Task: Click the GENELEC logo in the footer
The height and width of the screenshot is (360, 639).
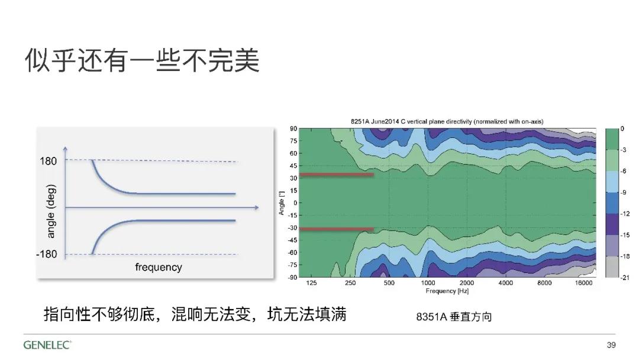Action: (47, 345)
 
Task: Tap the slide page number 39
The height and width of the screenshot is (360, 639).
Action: (611, 345)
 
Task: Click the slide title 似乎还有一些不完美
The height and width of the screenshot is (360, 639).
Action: (142, 61)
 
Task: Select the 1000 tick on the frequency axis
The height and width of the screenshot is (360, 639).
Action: (428, 283)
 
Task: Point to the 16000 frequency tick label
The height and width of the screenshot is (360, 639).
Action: (583, 283)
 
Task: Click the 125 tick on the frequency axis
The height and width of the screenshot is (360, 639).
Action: (311, 283)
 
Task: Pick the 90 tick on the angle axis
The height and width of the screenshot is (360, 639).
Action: (293, 129)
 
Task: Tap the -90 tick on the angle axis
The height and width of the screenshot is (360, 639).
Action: (292, 277)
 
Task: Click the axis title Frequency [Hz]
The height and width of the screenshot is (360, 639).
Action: (447, 291)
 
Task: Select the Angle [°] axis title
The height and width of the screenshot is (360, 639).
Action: (282, 202)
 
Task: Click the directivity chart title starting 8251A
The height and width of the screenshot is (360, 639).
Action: (447, 121)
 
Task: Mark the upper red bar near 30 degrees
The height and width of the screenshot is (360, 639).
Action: (337, 175)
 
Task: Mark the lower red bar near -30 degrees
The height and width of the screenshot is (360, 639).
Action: (337, 229)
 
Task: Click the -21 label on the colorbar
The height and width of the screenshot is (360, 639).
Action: (625, 278)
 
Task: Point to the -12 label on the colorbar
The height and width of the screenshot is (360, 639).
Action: (625, 214)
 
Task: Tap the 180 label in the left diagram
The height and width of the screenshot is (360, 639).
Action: (48, 161)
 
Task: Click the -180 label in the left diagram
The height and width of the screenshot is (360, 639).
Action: (47, 254)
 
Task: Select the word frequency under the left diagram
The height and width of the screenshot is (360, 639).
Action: (159, 267)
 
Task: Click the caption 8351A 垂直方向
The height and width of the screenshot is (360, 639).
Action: (454, 317)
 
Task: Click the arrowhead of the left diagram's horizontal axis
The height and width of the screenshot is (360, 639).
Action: (257, 207)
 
